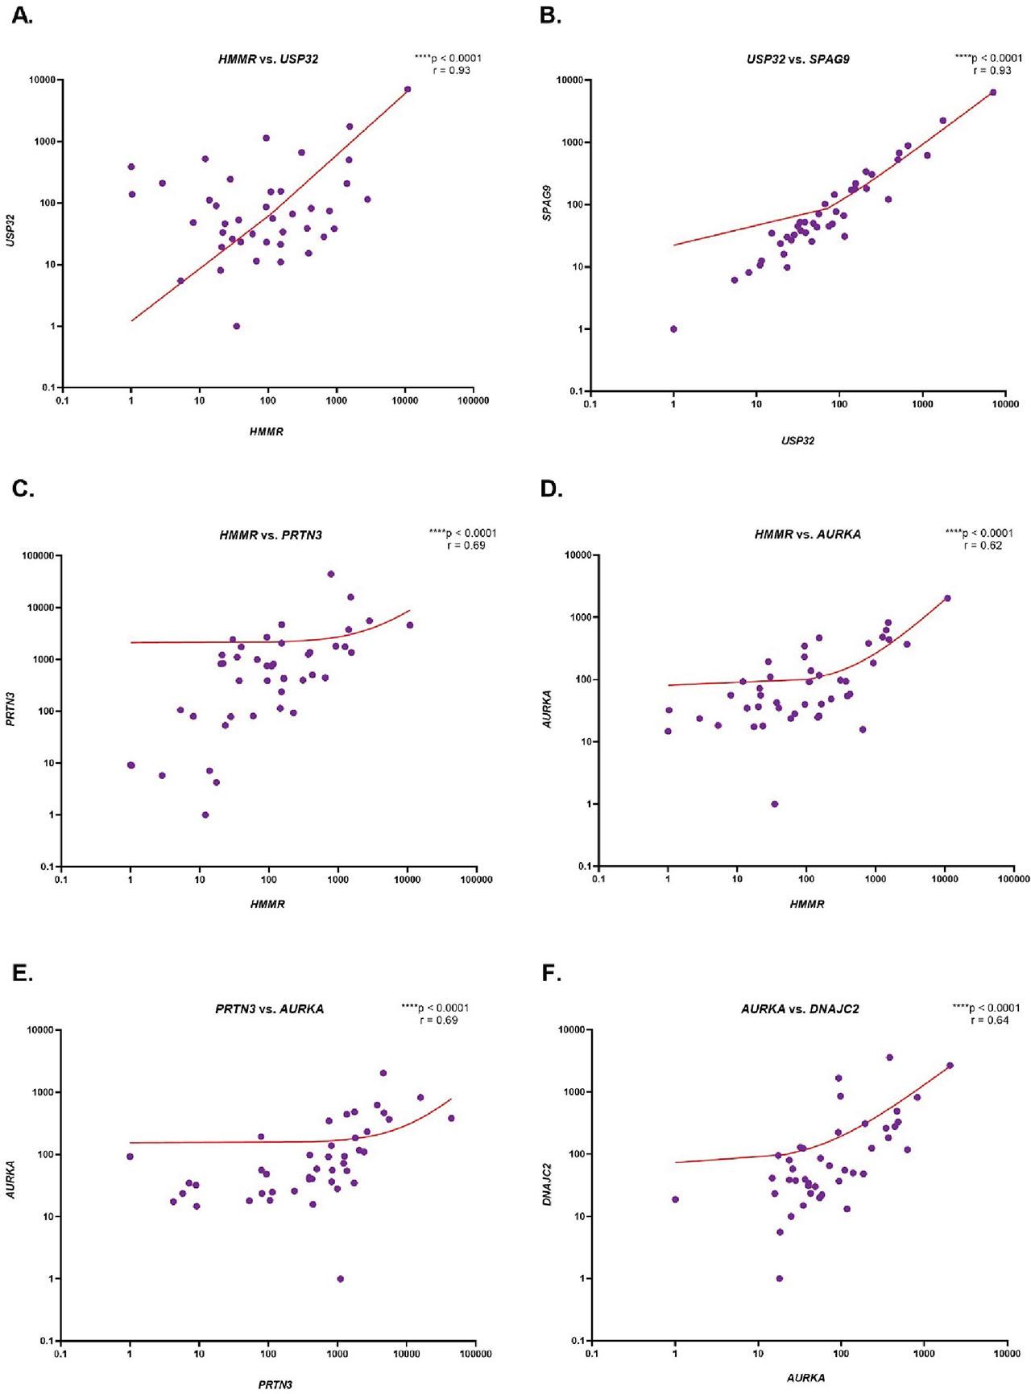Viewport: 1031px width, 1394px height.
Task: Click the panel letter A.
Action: pyautogui.click(x=23, y=15)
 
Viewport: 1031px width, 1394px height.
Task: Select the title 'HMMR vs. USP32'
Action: pyautogui.click(x=267, y=60)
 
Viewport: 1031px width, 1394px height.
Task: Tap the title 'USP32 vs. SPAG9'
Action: pyautogui.click(x=797, y=60)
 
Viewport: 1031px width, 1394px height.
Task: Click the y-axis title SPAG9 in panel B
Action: pyautogui.click(x=547, y=203)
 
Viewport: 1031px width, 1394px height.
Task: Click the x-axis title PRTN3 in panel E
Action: pyautogui.click(x=275, y=1385)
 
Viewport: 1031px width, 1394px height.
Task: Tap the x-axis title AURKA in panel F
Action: pyautogui.click(x=805, y=1378)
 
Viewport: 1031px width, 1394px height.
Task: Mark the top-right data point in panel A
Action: pyautogui.click(x=408, y=89)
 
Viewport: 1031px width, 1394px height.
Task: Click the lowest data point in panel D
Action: pyautogui.click(x=774, y=804)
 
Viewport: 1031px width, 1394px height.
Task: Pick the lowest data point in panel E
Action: pyautogui.click(x=340, y=1279)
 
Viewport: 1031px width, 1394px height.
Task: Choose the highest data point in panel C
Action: pyautogui.click(x=330, y=574)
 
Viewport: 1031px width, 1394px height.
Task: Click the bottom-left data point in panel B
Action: pyautogui.click(x=673, y=329)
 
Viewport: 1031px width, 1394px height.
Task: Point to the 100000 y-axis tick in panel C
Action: pyautogui.click(x=38, y=556)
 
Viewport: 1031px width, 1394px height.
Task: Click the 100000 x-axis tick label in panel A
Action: pyautogui.click(x=473, y=401)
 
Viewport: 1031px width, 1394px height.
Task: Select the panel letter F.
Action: pyautogui.click(x=552, y=974)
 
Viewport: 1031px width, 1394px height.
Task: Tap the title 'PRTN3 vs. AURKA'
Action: pyautogui.click(x=269, y=1009)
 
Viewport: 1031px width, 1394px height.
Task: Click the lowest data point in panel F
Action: pyautogui.click(x=779, y=1278)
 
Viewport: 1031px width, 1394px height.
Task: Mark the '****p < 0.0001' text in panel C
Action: pyautogui.click(x=462, y=533)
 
